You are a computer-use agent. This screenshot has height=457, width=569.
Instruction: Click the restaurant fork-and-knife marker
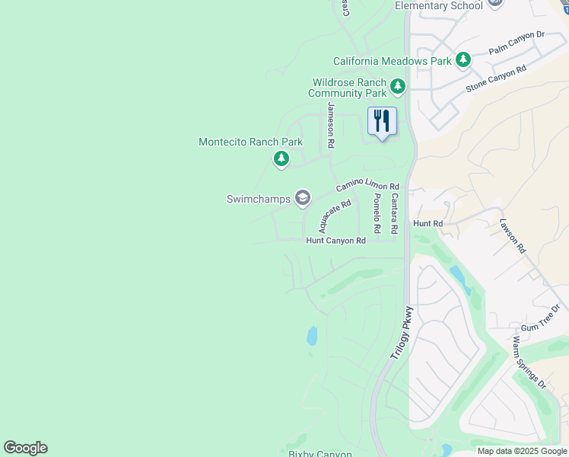point(382,121)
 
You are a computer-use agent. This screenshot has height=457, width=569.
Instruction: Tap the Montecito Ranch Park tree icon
point(281,158)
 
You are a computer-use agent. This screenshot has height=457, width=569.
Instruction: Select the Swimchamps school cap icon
point(302,199)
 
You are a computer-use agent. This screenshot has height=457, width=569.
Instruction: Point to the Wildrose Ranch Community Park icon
point(397,88)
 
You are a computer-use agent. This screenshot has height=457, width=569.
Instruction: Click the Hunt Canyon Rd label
point(335,241)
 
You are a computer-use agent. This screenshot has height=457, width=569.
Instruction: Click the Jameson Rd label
point(331,125)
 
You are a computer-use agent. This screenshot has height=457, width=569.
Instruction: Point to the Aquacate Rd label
point(335,216)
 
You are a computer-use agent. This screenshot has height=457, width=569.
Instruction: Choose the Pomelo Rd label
point(377,213)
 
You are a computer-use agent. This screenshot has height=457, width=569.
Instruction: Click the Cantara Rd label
point(394,213)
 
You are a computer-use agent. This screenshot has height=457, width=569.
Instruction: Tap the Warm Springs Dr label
point(529,362)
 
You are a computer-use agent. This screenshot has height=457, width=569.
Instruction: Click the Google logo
point(25,448)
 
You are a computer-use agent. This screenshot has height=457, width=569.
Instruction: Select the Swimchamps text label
point(259,200)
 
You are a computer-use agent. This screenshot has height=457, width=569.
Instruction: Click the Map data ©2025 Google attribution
point(522,451)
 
